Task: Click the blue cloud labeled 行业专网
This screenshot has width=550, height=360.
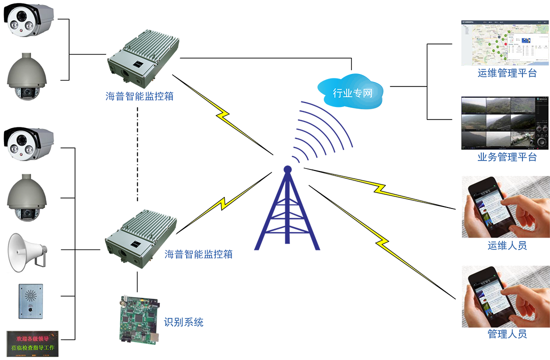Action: [x=353, y=91]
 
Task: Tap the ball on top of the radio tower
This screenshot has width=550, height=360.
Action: [x=287, y=169]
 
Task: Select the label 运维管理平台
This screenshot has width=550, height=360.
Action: [x=506, y=73]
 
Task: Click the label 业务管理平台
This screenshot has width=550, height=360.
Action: [x=506, y=157]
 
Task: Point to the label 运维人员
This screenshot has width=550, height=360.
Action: [x=506, y=245]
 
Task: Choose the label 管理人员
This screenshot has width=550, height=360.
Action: [x=506, y=333]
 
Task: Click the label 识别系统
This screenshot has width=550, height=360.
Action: [x=184, y=322]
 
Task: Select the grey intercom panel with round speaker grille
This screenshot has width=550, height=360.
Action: [x=31, y=301]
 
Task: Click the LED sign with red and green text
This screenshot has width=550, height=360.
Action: [x=33, y=343]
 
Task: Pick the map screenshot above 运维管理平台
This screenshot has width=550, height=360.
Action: [x=504, y=43]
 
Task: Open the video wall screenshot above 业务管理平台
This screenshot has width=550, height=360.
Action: [x=504, y=123]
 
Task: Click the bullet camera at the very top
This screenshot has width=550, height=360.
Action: [x=29, y=19]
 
